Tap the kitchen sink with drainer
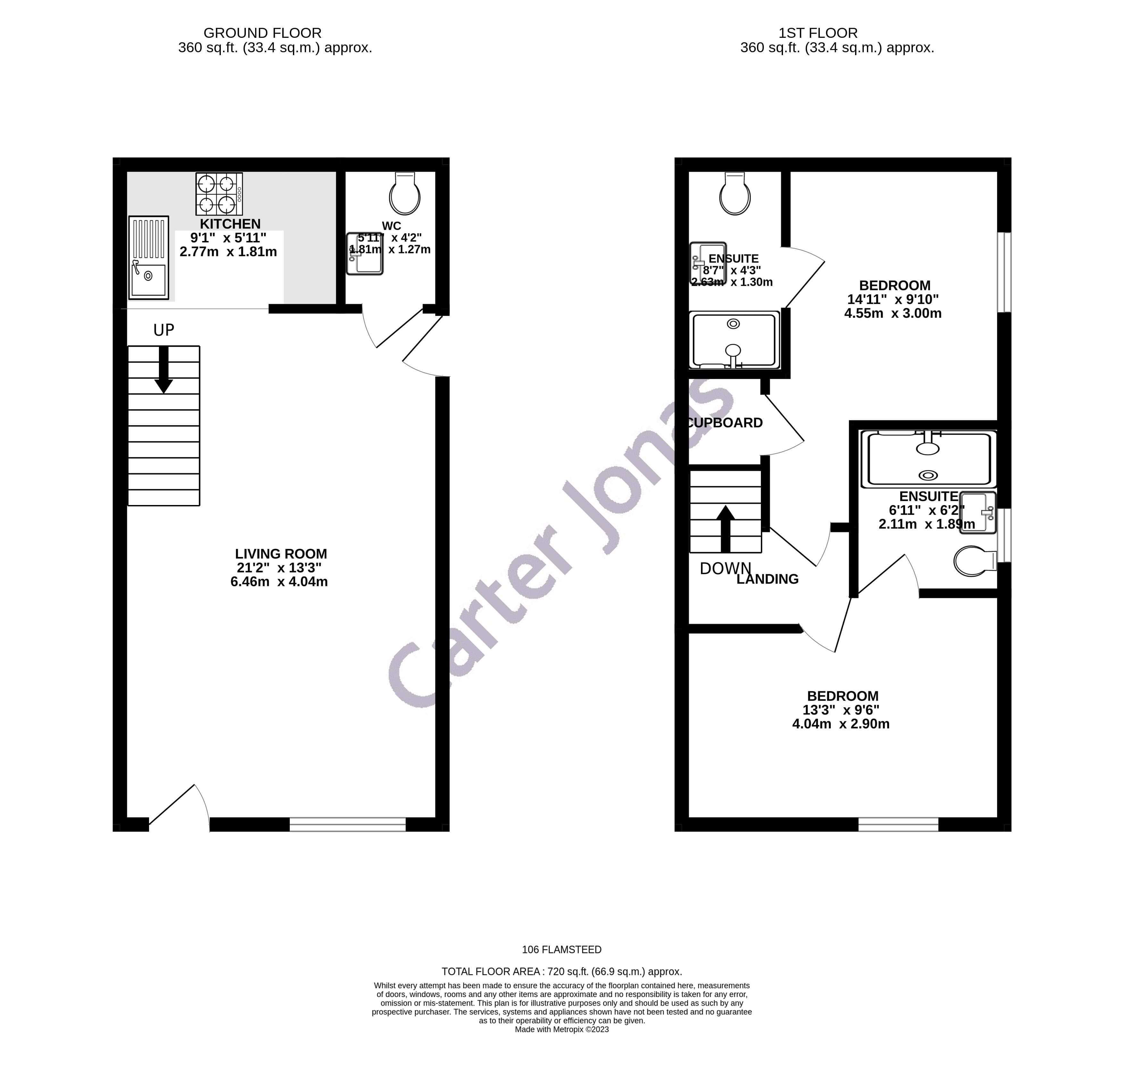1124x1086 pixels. click(148, 257)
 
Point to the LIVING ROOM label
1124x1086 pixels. click(281, 554)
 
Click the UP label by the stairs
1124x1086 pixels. click(163, 330)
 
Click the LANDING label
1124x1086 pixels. click(767, 579)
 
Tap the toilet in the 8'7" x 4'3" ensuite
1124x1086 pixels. click(735, 194)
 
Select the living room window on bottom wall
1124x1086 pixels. click(347, 825)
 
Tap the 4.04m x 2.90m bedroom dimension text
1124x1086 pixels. click(841, 724)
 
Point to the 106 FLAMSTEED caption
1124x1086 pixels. click(562, 949)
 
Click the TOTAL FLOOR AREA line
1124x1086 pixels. click(562, 971)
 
